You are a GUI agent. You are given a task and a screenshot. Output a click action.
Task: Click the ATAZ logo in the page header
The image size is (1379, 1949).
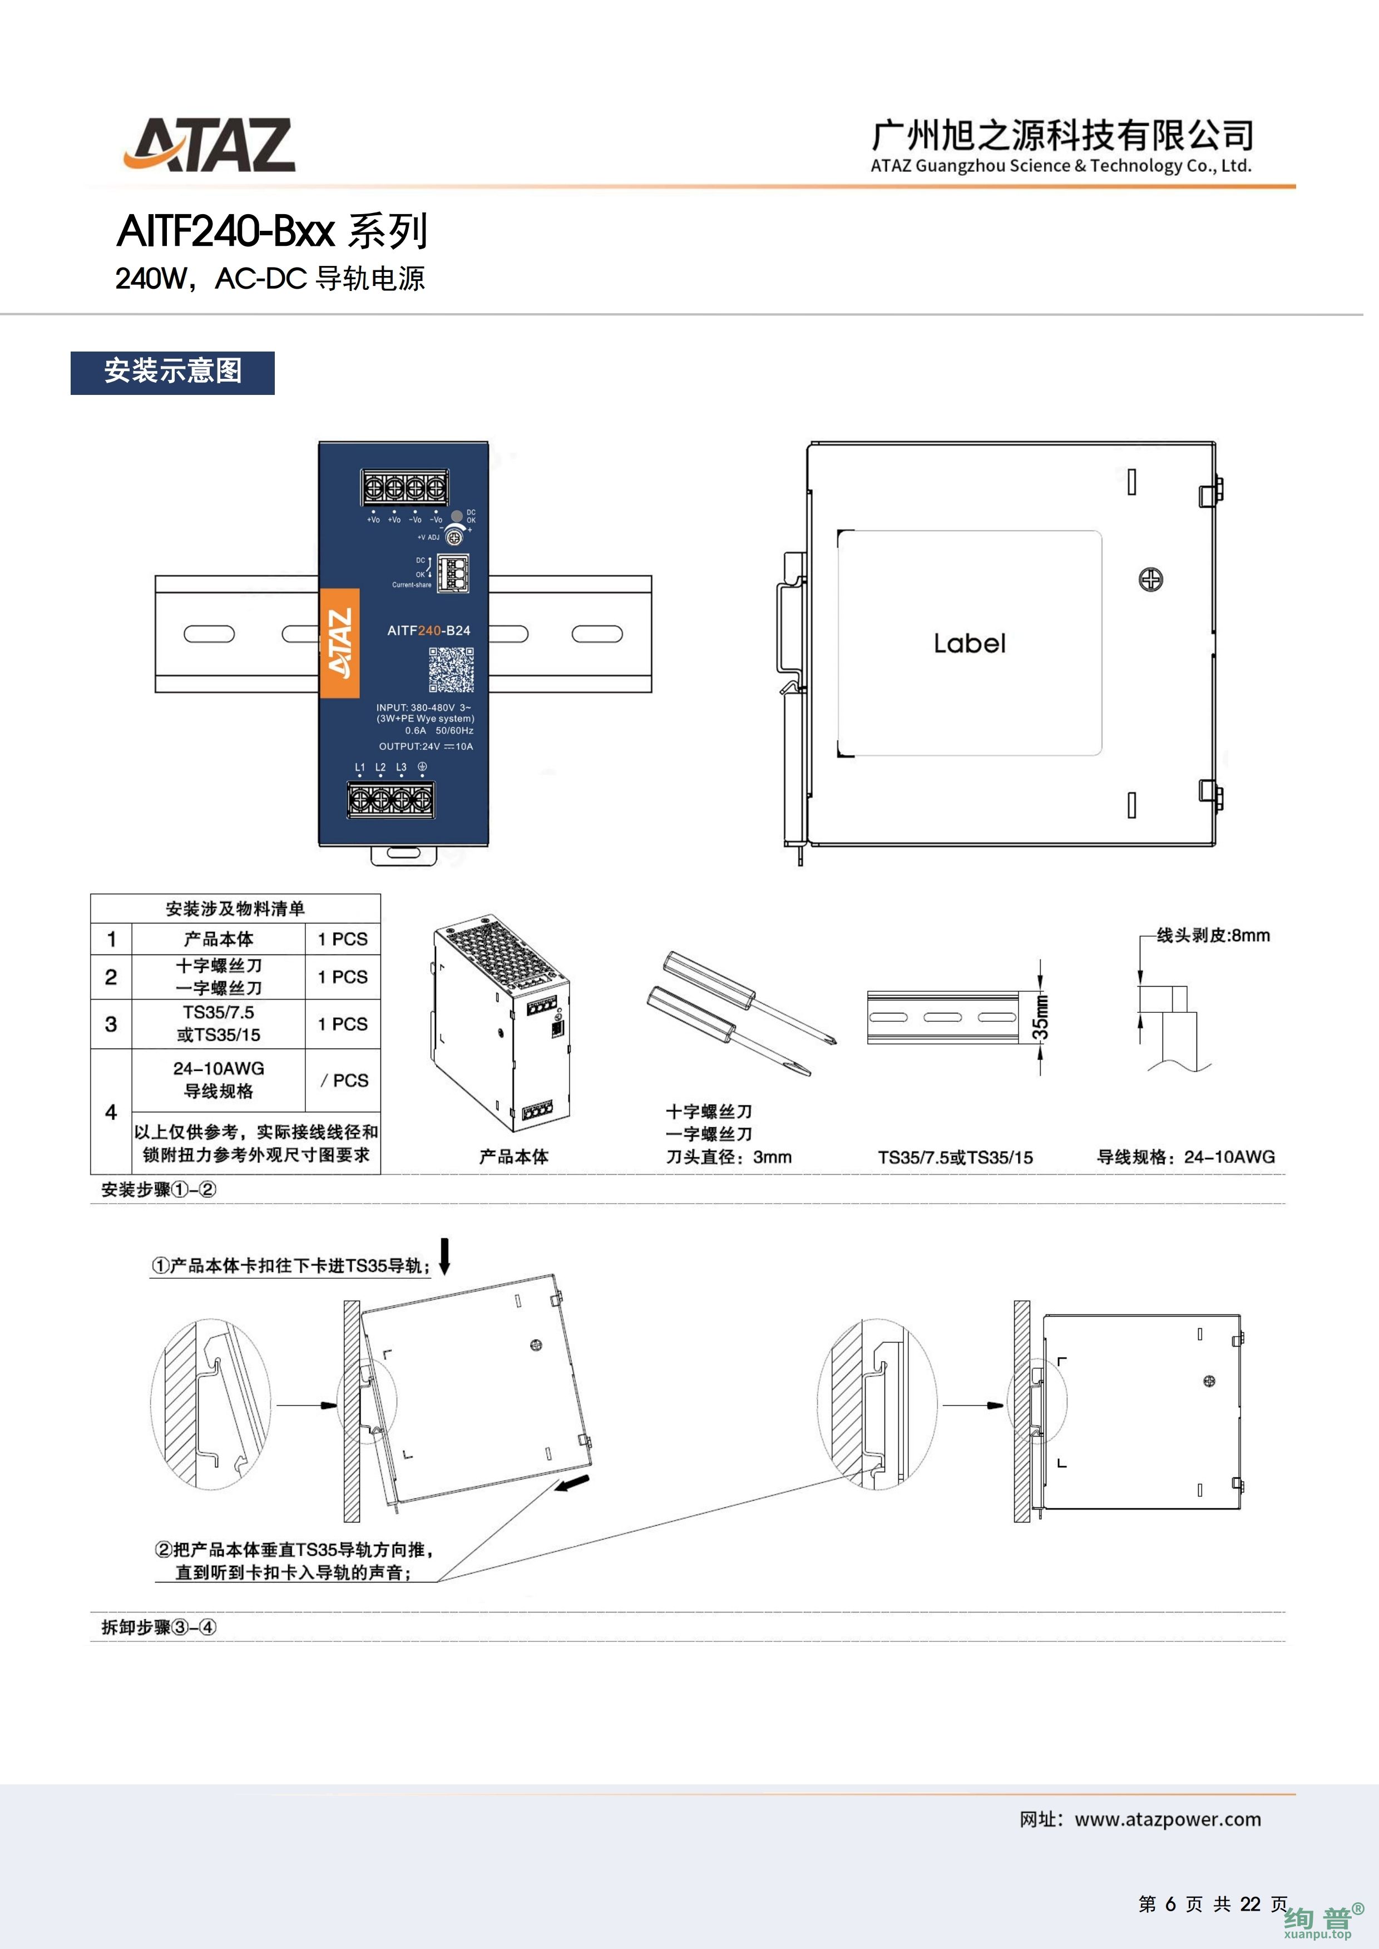[x=210, y=145]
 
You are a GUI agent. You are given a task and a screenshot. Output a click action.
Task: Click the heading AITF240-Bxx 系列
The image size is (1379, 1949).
[x=271, y=231]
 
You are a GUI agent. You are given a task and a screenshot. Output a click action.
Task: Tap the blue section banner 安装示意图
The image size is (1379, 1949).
[x=172, y=372]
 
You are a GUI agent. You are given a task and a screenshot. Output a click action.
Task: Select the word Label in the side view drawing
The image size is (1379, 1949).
[x=969, y=644]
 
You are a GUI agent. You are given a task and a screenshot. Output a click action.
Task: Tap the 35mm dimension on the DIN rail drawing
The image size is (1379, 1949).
[x=1040, y=1016]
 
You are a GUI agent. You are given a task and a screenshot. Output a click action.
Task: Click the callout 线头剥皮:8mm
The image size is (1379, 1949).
[x=1213, y=936]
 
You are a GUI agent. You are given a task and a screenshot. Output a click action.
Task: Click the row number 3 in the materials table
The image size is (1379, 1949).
[x=111, y=1024]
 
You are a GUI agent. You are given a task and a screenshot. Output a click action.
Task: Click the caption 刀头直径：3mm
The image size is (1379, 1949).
[x=729, y=1157]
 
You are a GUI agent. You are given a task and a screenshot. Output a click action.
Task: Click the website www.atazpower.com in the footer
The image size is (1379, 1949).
[x=1168, y=1819]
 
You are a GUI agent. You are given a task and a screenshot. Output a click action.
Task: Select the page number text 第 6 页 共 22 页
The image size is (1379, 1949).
[x=1213, y=1903]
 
